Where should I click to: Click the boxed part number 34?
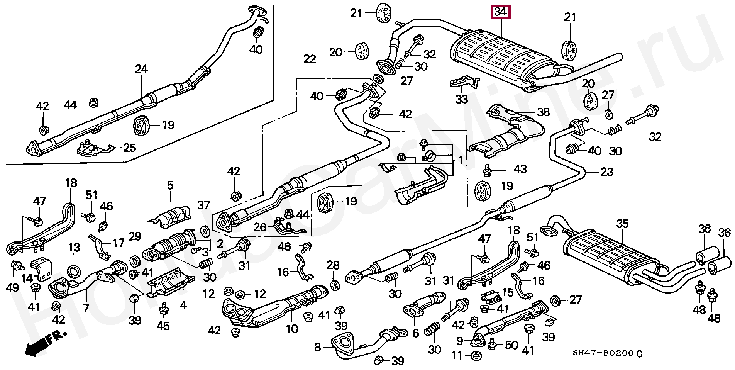click(500, 12)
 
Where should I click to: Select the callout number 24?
click(141, 69)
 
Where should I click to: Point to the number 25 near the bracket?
click(130, 148)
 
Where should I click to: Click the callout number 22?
click(310, 59)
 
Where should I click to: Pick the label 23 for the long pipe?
click(606, 172)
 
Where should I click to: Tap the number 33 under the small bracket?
click(462, 100)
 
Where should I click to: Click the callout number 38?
click(543, 112)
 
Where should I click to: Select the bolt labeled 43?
click(487, 170)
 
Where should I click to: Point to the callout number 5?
click(170, 185)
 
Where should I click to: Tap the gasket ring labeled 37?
click(205, 231)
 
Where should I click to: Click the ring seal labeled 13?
click(73, 271)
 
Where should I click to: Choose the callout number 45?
click(163, 326)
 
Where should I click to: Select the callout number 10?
click(292, 329)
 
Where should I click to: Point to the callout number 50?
click(511, 345)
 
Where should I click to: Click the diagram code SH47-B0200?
click(603, 353)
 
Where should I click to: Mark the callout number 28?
click(333, 265)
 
